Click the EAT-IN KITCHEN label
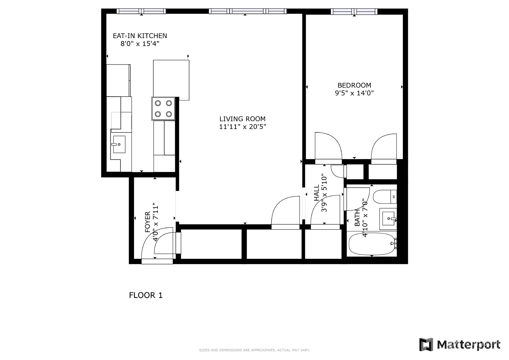click(x=140, y=36)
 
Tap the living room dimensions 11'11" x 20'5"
click(x=243, y=127)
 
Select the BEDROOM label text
click(x=354, y=85)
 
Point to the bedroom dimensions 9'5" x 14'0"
click(x=354, y=93)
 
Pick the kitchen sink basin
click(x=119, y=144)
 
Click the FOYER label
click(x=148, y=222)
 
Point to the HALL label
click(x=317, y=193)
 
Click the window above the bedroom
click(x=354, y=11)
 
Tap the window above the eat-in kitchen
click(x=141, y=11)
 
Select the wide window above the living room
click(x=248, y=11)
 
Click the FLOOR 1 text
click(x=146, y=295)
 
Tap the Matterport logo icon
click(x=426, y=345)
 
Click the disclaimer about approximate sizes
click(x=254, y=350)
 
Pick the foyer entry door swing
click(x=158, y=244)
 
